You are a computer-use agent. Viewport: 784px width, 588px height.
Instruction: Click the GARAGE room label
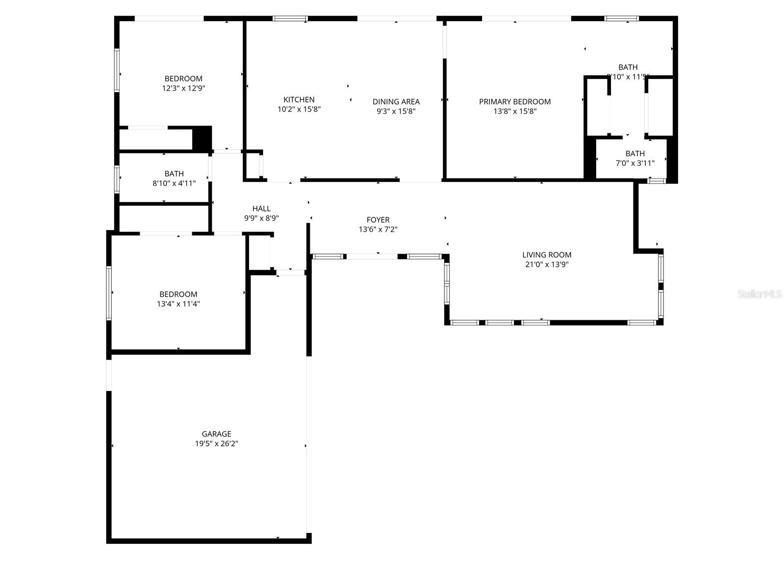(216, 434)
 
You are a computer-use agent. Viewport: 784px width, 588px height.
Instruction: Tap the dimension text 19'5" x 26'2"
(216, 444)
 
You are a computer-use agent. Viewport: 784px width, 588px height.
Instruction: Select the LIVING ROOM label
(547, 255)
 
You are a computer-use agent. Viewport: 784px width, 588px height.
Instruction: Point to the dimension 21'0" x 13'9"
(547, 265)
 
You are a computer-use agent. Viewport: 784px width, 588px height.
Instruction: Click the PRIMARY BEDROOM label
(515, 102)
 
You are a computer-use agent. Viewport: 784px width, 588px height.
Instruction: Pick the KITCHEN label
(299, 100)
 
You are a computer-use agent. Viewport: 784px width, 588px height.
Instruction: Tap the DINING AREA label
(396, 102)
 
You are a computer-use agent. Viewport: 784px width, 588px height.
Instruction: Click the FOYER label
(378, 220)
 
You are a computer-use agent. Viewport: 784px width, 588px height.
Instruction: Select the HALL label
(261, 209)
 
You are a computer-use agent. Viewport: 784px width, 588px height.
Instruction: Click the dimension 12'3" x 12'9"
(183, 89)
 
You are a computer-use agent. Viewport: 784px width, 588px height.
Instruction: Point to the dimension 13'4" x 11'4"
(178, 304)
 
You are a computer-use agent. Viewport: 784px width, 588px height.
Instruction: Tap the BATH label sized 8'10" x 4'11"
(174, 174)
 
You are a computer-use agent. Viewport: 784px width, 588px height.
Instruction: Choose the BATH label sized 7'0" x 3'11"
(635, 153)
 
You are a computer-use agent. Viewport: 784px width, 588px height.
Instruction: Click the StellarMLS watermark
(759, 294)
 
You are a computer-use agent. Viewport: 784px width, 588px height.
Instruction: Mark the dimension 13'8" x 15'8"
(515, 111)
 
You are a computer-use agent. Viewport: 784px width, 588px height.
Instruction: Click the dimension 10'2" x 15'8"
(299, 109)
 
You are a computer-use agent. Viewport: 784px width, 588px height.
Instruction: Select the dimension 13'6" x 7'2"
(378, 230)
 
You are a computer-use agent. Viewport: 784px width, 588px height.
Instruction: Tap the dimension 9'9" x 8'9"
(261, 218)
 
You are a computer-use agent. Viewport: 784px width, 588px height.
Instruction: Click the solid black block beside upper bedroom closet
(202, 138)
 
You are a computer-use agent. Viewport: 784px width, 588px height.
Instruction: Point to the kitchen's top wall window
(290, 19)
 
